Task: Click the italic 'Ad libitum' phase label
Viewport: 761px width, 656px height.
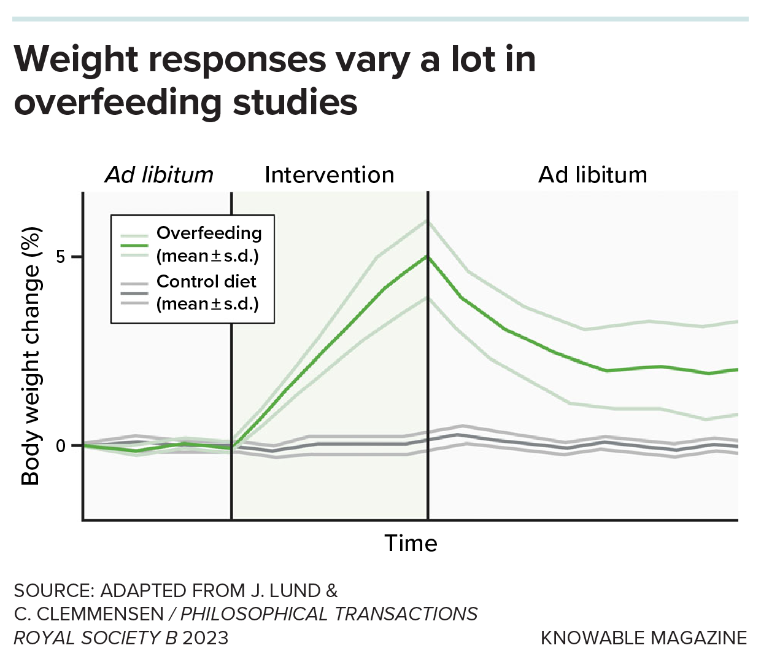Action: [159, 175]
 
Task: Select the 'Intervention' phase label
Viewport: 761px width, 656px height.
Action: [329, 175]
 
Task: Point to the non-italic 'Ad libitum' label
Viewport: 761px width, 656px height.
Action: [592, 175]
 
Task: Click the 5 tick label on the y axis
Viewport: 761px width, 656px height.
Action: [61, 257]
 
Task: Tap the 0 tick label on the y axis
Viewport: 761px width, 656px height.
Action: [61, 445]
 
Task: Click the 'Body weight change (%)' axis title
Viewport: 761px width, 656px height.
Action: [31, 356]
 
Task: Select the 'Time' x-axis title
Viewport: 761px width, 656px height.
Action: [411, 544]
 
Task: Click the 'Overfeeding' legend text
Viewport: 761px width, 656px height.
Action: [209, 233]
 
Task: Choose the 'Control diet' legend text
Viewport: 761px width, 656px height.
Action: [206, 281]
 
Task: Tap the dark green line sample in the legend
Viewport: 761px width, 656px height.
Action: [134, 245]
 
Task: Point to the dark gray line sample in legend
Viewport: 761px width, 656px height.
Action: [134, 293]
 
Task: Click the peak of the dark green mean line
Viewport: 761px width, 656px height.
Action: [428, 256]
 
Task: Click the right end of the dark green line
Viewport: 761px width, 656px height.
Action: [736, 370]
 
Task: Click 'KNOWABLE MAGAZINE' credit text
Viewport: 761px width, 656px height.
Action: [643, 638]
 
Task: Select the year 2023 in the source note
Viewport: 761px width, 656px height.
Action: [205, 638]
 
